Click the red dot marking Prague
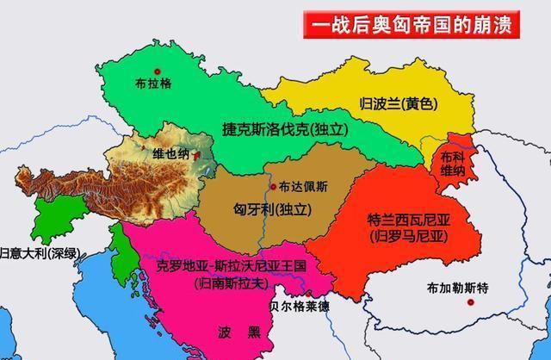pos(157,71)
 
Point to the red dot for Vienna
pos(197,156)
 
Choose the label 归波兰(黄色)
pos(399,104)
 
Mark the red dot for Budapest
pos(273,186)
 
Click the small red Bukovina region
pos(451,160)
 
